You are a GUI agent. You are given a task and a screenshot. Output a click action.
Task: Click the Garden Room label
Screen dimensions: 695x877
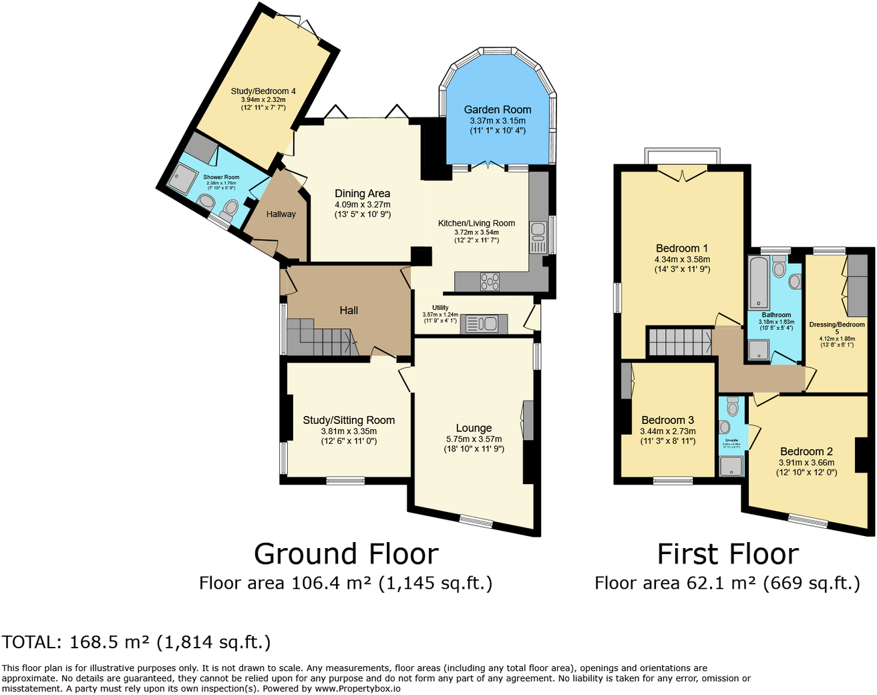(x=498, y=109)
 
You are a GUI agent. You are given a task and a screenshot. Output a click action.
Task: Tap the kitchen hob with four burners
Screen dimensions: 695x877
(x=490, y=282)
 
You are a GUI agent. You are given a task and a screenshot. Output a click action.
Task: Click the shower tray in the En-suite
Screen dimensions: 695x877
(x=731, y=466)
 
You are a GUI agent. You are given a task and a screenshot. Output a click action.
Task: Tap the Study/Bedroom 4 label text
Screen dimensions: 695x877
(x=263, y=91)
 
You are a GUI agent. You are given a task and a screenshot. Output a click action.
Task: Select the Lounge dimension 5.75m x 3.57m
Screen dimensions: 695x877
(x=474, y=439)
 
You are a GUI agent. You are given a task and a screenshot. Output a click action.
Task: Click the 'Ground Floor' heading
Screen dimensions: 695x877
(x=346, y=554)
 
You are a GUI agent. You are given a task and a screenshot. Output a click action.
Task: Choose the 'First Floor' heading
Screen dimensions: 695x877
(x=727, y=554)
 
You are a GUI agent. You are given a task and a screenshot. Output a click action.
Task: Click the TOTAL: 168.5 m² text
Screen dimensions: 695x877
(x=136, y=642)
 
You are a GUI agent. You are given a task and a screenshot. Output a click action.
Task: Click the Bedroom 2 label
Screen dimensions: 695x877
(x=806, y=451)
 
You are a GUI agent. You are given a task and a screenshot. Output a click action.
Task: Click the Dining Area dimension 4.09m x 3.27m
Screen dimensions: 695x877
(x=362, y=205)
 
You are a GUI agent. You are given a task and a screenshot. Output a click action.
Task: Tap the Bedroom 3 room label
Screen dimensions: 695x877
(x=667, y=420)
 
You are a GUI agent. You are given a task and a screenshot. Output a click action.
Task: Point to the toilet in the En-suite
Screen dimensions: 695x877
(x=733, y=407)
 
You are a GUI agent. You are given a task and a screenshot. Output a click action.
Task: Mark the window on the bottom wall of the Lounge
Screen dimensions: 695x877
(x=476, y=521)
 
